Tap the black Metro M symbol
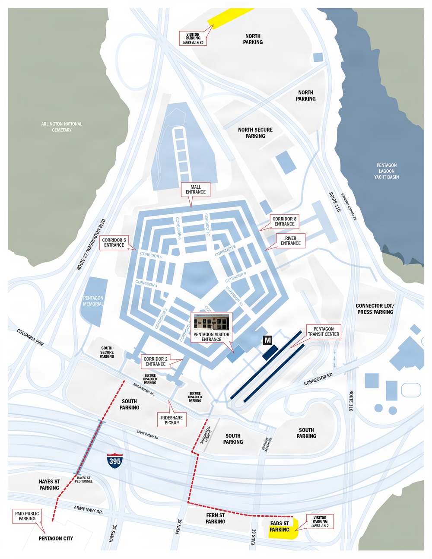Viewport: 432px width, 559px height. point(268,340)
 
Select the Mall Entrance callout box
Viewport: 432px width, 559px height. point(196,190)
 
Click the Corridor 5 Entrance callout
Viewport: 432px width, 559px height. point(114,242)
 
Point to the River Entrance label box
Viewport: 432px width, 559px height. point(291,241)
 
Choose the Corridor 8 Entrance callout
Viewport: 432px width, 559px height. point(284,221)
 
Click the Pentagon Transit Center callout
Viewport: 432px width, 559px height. point(324,331)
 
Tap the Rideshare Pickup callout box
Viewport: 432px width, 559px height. point(172,420)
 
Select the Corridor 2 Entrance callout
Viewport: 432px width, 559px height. point(156,361)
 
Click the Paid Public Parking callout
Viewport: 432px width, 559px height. point(27,516)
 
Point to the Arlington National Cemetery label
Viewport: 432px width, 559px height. point(62,127)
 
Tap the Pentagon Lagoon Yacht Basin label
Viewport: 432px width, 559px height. point(387,171)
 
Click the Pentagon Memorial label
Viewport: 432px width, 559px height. point(93,301)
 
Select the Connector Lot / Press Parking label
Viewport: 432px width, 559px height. point(375,308)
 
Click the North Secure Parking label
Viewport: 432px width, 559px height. point(255,133)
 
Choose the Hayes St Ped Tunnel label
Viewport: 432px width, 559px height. point(84,480)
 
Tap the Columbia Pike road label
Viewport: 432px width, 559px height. point(30,337)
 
